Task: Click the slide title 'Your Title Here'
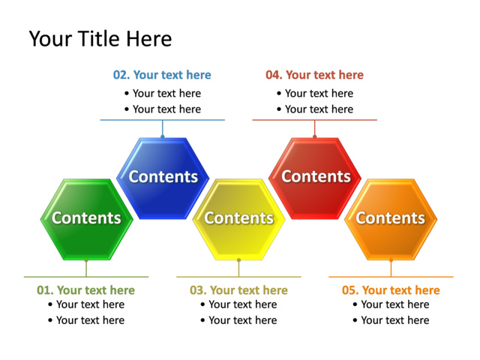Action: (100, 39)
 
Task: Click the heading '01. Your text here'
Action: (85, 290)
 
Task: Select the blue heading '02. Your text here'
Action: (162, 75)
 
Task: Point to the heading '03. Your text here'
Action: (238, 290)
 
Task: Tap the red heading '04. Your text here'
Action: (314, 75)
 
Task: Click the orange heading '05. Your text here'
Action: (391, 290)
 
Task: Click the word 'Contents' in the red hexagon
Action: (316, 177)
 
